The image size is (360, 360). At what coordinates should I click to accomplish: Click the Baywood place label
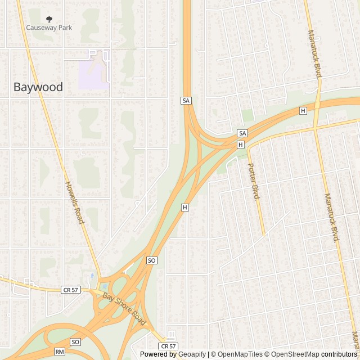(x=38, y=87)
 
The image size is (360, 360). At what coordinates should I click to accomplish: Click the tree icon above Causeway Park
(x=49, y=19)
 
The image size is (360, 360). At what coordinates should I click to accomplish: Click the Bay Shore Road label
(x=124, y=308)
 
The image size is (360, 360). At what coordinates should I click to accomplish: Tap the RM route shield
(x=60, y=352)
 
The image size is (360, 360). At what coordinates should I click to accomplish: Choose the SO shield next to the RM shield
(x=75, y=342)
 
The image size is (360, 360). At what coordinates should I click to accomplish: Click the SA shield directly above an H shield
(x=242, y=133)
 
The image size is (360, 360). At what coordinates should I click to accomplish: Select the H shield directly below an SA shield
(x=241, y=145)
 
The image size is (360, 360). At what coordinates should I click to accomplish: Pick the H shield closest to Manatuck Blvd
(x=303, y=111)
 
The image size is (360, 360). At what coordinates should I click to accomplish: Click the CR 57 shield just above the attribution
(x=168, y=346)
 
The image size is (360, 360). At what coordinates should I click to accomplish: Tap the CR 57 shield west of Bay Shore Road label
(x=70, y=290)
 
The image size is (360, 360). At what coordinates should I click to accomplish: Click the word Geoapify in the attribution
(x=192, y=354)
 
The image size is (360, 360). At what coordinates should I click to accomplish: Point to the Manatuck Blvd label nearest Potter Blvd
(x=332, y=217)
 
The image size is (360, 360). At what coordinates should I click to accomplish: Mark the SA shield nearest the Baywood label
(x=186, y=100)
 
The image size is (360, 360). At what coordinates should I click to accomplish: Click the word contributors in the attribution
(x=339, y=354)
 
